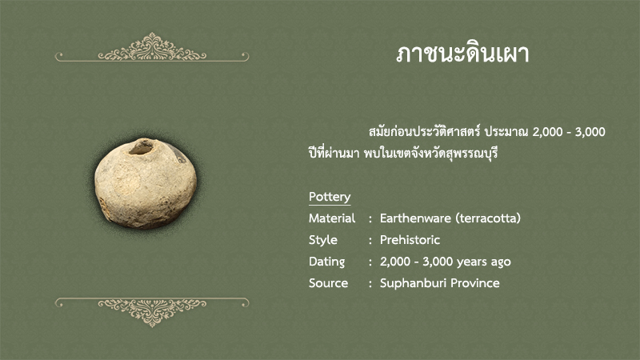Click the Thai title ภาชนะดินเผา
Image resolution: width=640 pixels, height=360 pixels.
tap(462, 54)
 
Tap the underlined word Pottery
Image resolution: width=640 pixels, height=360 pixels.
tap(330, 197)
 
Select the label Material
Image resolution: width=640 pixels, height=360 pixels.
tap(332, 218)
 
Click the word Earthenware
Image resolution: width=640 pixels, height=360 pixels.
tap(415, 218)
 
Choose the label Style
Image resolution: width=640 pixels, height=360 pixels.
tap(323, 240)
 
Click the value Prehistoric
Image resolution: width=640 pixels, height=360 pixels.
tap(410, 240)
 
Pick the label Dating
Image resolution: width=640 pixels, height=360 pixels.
tap(326, 262)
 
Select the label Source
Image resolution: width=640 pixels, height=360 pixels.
tap(328, 283)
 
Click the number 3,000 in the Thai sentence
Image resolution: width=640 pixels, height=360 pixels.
tap(590, 132)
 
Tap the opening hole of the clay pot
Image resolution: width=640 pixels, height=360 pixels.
tap(142, 147)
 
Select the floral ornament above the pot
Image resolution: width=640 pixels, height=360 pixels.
tap(152, 47)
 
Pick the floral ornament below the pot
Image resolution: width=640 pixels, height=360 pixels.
tap(152, 312)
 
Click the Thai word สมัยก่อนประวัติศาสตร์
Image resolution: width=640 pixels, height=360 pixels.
tap(424, 132)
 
